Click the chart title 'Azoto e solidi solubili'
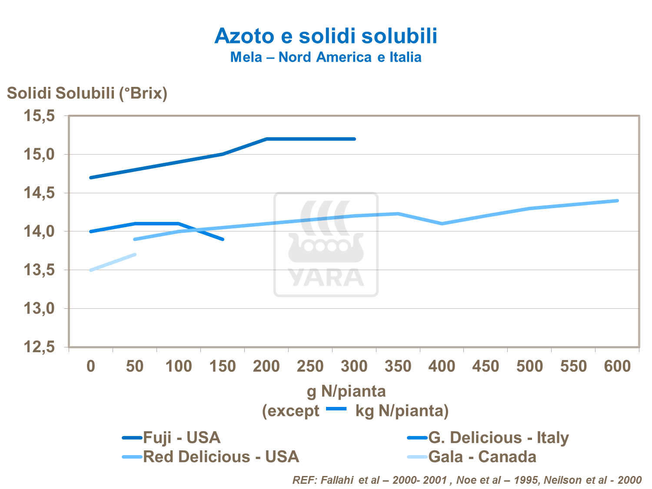[x=326, y=36]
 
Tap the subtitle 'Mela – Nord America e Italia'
[x=326, y=57]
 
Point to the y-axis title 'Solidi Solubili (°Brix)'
[x=87, y=93]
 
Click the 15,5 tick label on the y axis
[x=39, y=116]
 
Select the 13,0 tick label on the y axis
[x=39, y=309]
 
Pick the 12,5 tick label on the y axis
[x=39, y=347]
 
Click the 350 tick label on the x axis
[x=398, y=367]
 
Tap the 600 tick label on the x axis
[x=617, y=367]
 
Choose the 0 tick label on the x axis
[x=91, y=367]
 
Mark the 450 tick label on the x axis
[x=486, y=367]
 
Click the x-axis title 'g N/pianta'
[x=346, y=392]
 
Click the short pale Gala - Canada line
[x=113, y=262]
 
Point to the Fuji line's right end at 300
[x=354, y=139]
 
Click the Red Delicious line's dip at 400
[x=442, y=224]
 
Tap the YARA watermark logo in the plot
[x=326, y=244]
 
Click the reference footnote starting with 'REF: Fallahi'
[x=467, y=480]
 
